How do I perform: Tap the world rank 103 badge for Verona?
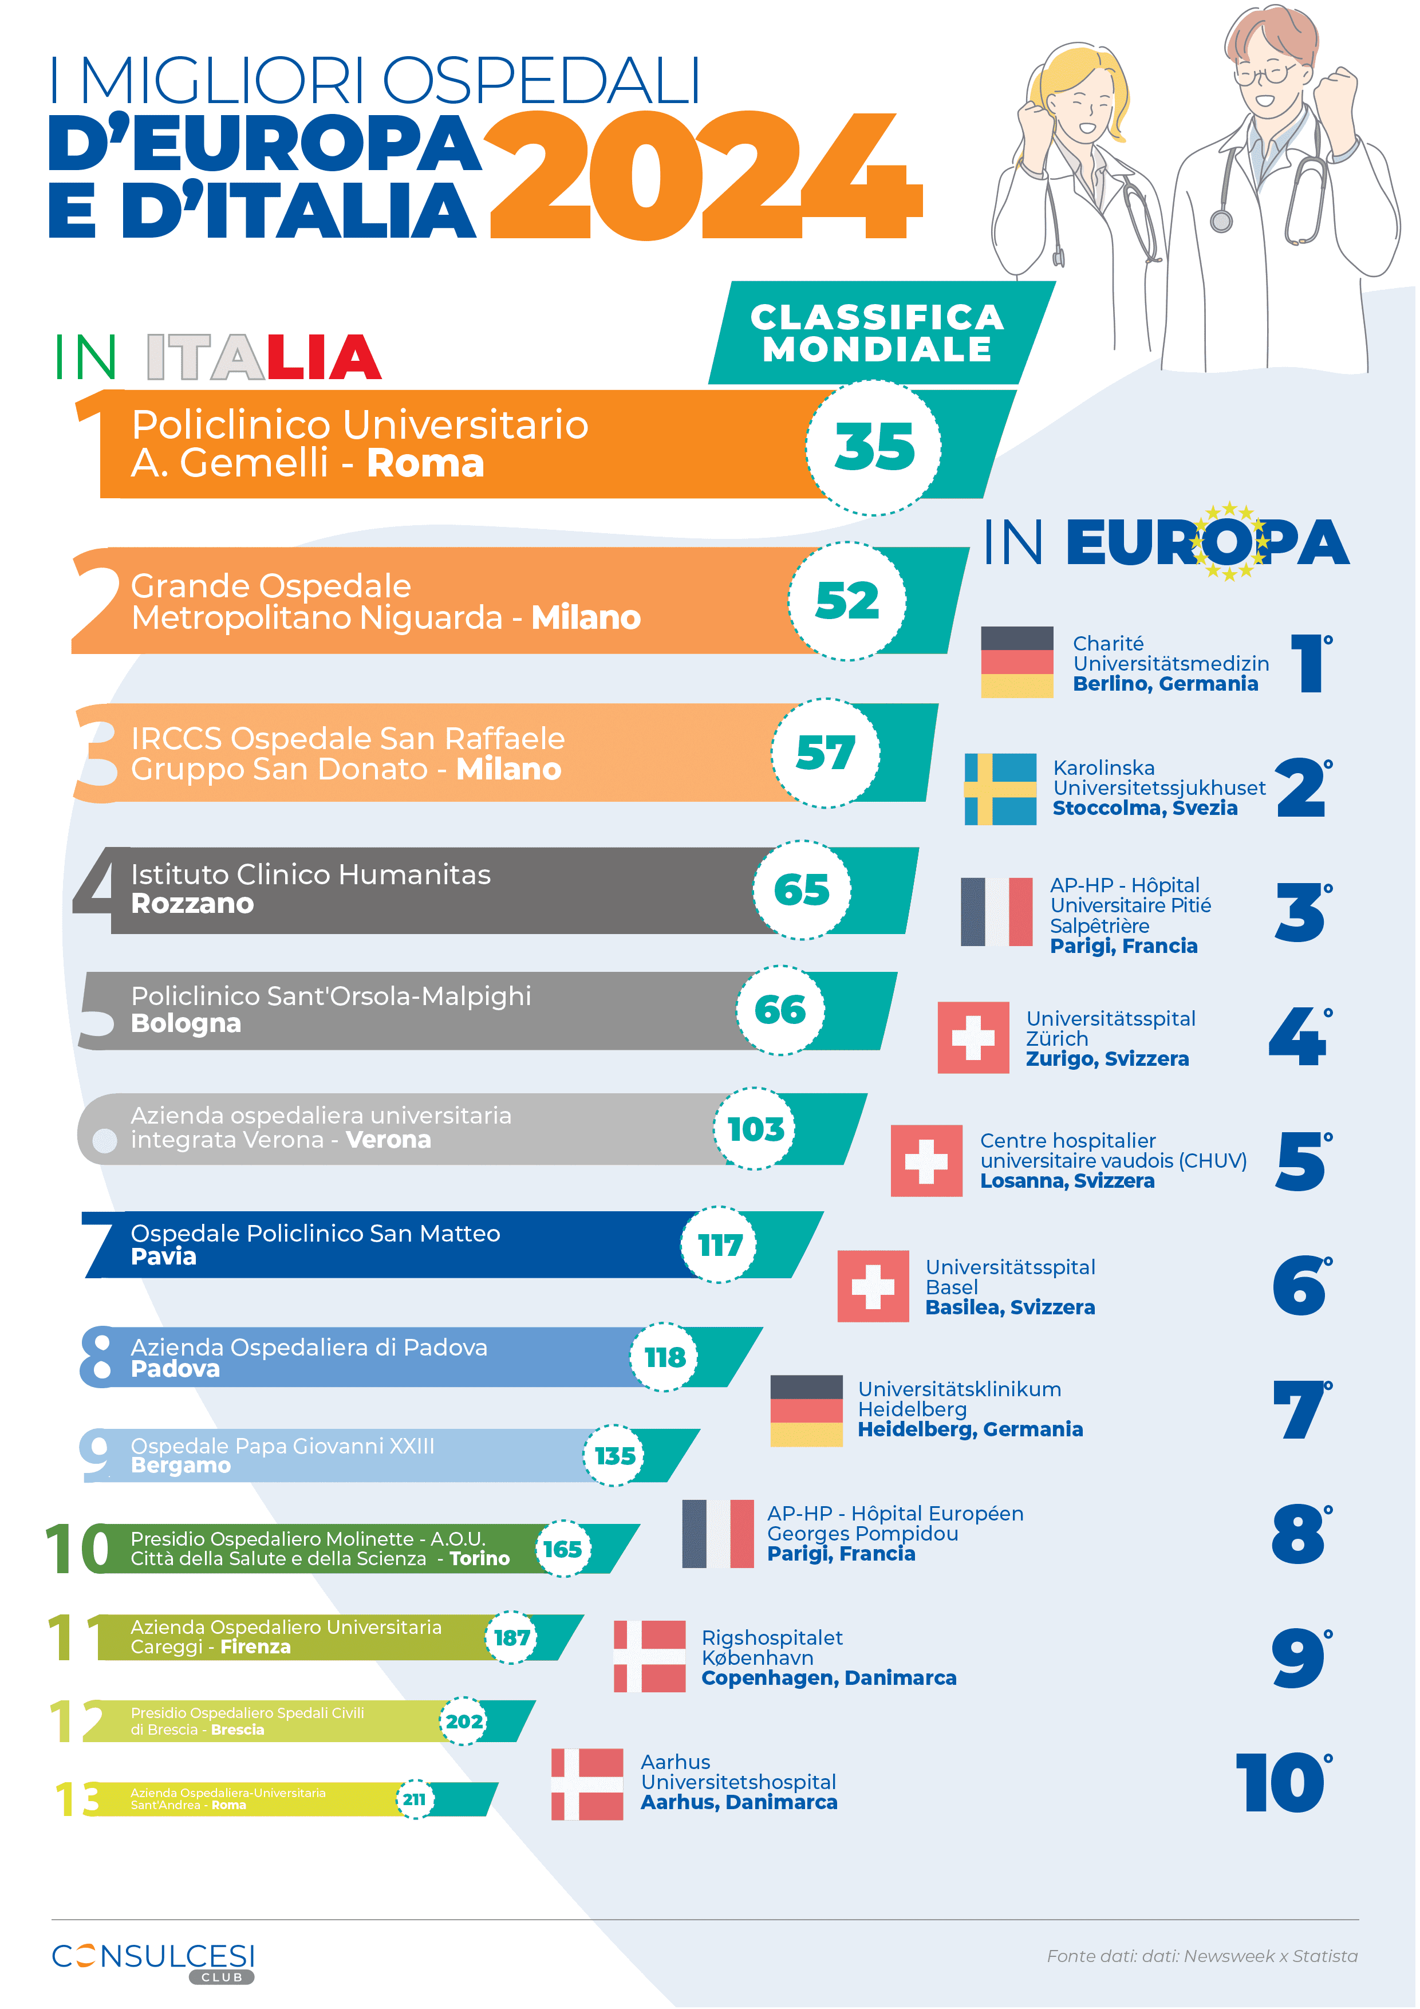[756, 1129]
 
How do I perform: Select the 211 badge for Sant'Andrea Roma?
[415, 1800]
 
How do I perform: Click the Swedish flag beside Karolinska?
[1000, 789]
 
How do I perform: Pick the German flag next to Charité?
[1017, 663]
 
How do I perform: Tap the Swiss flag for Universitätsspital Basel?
[872, 1285]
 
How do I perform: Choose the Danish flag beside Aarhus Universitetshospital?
[587, 1784]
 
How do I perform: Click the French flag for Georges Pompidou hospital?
[717, 1534]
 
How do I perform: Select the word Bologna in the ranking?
[186, 1024]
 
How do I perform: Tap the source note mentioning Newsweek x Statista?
[1202, 1956]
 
